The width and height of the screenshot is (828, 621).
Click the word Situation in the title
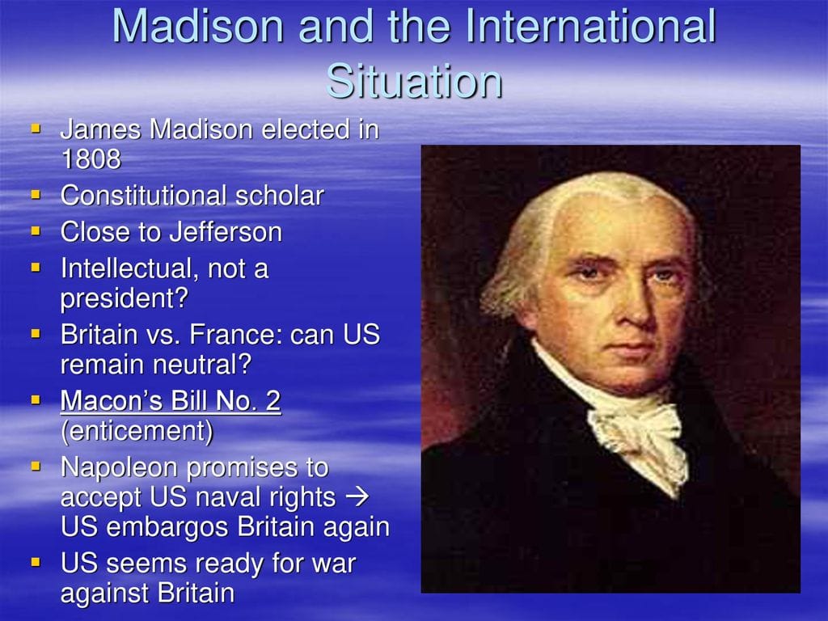(x=414, y=82)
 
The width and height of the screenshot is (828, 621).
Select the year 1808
(x=91, y=159)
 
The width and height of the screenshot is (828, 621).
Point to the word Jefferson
(x=226, y=232)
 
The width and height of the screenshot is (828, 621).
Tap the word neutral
(x=192, y=365)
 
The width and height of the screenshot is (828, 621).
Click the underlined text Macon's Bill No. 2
(x=171, y=401)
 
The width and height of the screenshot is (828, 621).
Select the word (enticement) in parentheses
(x=137, y=432)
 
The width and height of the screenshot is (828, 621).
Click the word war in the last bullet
(x=334, y=564)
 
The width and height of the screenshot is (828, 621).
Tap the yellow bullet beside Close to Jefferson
(x=36, y=230)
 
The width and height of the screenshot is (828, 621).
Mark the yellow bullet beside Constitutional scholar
(x=36, y=194)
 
